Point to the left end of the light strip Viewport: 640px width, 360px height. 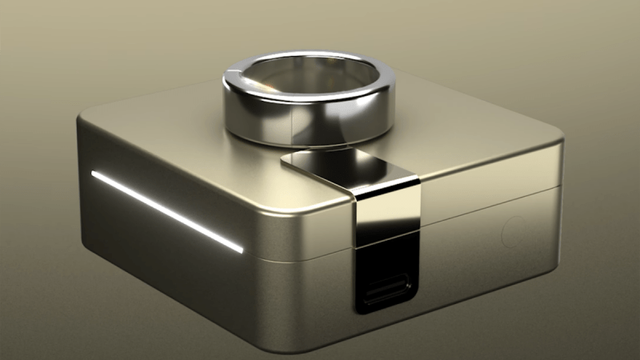click(94, 174)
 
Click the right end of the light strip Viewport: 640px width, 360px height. click(241, 250)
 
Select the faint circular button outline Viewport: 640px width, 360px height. click(512, 232)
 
